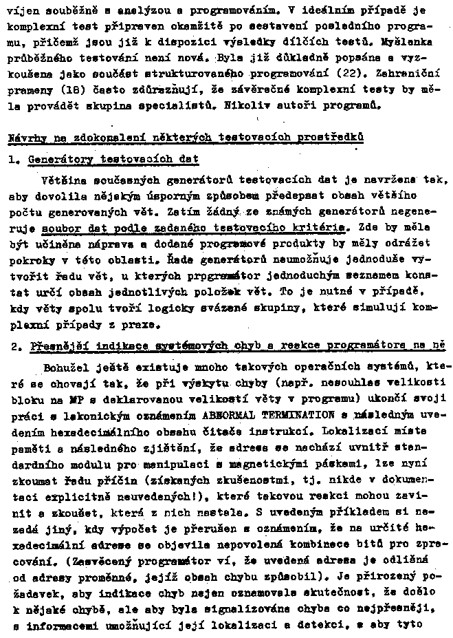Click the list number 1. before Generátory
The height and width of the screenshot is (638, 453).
[14, 160]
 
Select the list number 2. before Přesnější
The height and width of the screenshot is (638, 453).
[14, 346]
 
